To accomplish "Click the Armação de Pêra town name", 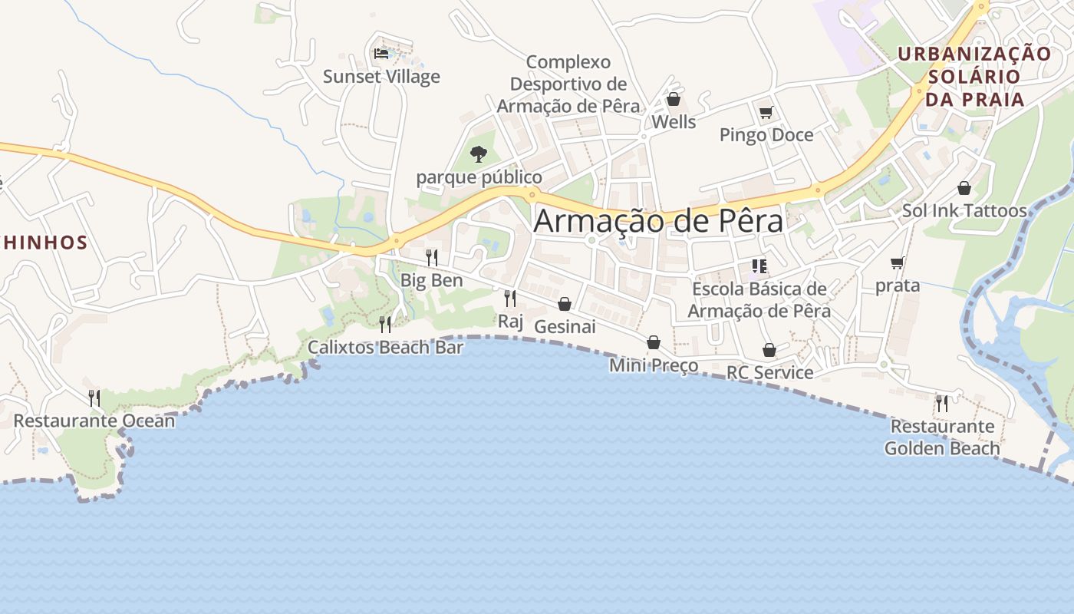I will pyautogui.click(x=658, y=221).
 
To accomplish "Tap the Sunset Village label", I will pyautogui.click(x=381, y=77).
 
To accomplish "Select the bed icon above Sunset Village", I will pyautogui.click(x=381, y=54).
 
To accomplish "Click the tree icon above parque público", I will pyautogui.click(x=479, y=153).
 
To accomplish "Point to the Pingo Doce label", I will pyautogui.click(x=766, y=135).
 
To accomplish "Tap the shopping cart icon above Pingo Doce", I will pyautogui.click(x=766, y=114).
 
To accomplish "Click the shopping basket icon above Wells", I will pyautogui.click(x=673, y=99).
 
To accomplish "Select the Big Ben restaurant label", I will pyautogui.click(x=432, y=280).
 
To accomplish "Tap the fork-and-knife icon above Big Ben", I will pyautogui.click(x=432, y=257).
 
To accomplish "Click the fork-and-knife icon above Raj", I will pyautogui.click(x=509, y=298).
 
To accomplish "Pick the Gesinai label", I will pyautogui.click(x=565, y=326).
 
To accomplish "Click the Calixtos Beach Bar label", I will pyautogui.click(x=386, y=347).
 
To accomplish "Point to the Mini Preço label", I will pyautogui.click(x=654, y=365).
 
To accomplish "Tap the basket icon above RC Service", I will pyautogui.click(x=769, y=350).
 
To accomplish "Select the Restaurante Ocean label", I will pyautogui.click(x=94, y=421).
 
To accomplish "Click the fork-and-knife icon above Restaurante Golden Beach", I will pyautogui.click(x=941, y=403).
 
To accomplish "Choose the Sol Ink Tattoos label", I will pyautogui.click(x=964, y=210).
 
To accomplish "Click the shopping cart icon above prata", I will pyautogui.click(x=897, y=263).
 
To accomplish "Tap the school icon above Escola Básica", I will pyautogui.click(x=759, y=266).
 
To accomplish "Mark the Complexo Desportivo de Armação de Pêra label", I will pyautogui.click(x=568, y=84).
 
